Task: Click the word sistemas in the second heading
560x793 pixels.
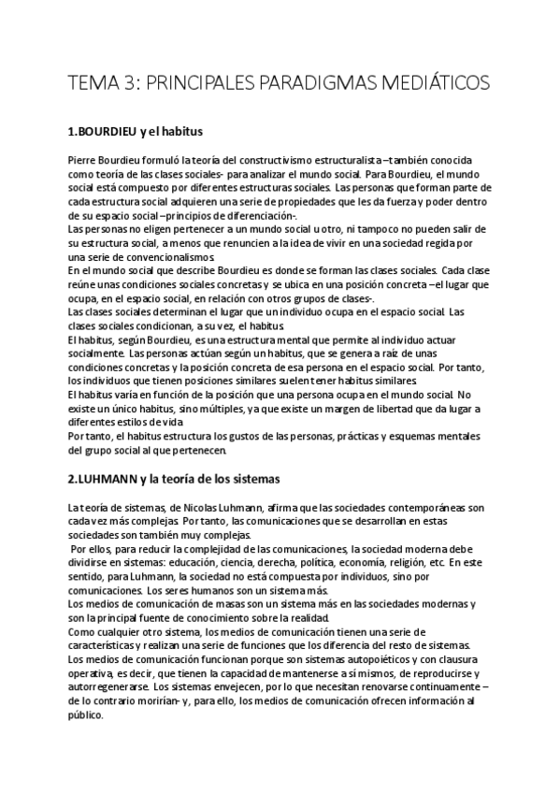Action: [x=250, y=480]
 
